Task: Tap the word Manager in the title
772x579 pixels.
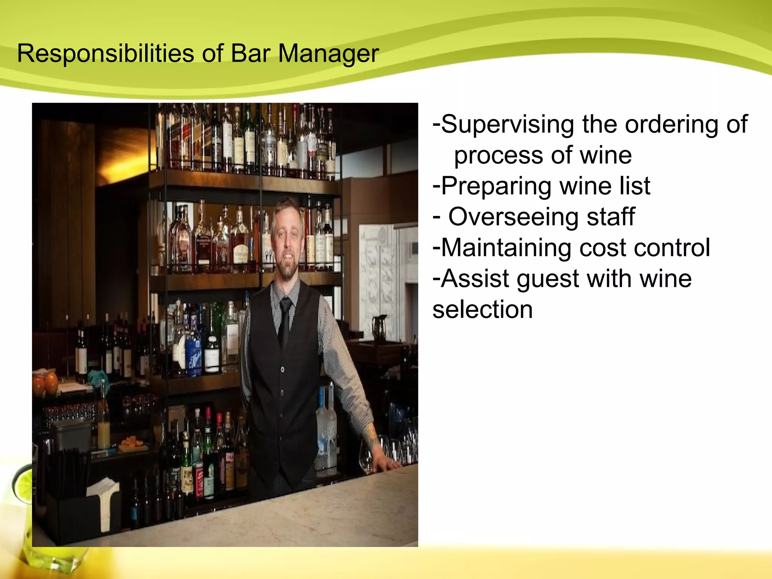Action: tap(328, 54)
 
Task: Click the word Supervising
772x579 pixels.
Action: tap(507, 124)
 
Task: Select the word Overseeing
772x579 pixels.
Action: tap(512, 217)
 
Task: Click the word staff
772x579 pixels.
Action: tap(611, 217)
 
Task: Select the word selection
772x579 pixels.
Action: tap(482, 309)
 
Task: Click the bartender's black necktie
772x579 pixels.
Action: tap(284, 320)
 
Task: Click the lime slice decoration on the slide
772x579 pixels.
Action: tap(23, 486)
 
